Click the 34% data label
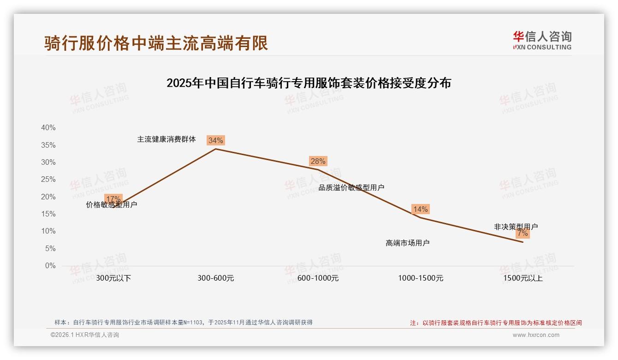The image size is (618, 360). pos(215,140)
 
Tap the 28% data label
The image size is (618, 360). pos(318,161)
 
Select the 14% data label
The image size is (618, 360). pos(420,209)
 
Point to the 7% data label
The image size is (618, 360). pos(523,234)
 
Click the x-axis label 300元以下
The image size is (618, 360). pos(113,278)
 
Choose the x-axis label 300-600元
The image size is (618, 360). pos(216,278)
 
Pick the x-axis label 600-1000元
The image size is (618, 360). pos(318,278)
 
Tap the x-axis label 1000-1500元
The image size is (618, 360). pos(421,278)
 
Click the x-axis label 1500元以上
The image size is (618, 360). pos(523,278)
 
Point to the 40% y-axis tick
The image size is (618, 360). pos(48,128)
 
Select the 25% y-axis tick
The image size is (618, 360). pos(48,180)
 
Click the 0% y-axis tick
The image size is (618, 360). pos(50,266)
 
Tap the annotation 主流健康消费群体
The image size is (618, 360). pos(166,139)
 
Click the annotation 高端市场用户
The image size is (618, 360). pos(408,243)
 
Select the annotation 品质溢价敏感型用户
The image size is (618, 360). pos(351,187)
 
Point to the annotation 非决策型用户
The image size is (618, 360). pos(516,227)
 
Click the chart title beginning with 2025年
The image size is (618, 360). pos(309,84)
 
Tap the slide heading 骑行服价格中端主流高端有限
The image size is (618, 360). pos(156,43)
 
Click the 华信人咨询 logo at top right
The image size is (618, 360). pos(542,40)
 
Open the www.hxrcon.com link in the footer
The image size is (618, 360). pos(536,335)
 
